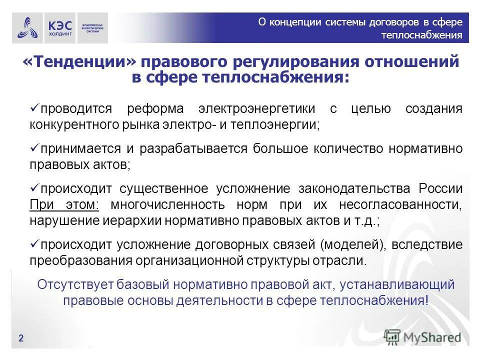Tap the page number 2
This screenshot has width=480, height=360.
pos(21,338)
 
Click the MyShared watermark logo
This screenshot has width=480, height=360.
pos(423,337)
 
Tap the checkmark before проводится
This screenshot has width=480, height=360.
pos(34,108)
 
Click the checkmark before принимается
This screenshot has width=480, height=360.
pos(34,148)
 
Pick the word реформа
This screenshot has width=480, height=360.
pos(155,108)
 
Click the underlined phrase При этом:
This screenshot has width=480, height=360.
pos(65,205)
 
